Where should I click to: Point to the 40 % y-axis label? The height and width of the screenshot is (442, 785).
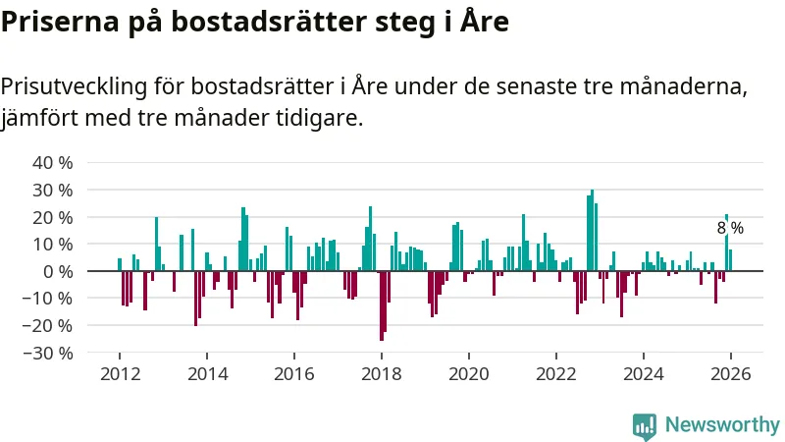[x=54, y=162]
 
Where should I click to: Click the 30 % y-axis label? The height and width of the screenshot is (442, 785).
[x=54, y=190]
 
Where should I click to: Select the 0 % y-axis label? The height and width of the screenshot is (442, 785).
[x=58, y=271]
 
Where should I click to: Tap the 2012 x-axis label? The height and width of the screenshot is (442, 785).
[x=120, y=374]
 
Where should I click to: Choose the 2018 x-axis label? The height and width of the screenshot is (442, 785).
[x=382, y=374]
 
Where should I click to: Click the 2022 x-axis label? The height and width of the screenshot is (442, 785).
[x=556, y=374]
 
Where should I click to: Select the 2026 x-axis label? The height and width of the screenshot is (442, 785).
[x=731, y=374]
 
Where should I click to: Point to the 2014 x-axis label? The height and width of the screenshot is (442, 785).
[x=207, y=374]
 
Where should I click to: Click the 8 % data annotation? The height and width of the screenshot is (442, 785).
[x=730, y=228]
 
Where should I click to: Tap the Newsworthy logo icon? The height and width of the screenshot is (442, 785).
[x=645, y=424]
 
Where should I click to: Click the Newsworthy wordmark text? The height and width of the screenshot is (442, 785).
[x=722, y=424]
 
